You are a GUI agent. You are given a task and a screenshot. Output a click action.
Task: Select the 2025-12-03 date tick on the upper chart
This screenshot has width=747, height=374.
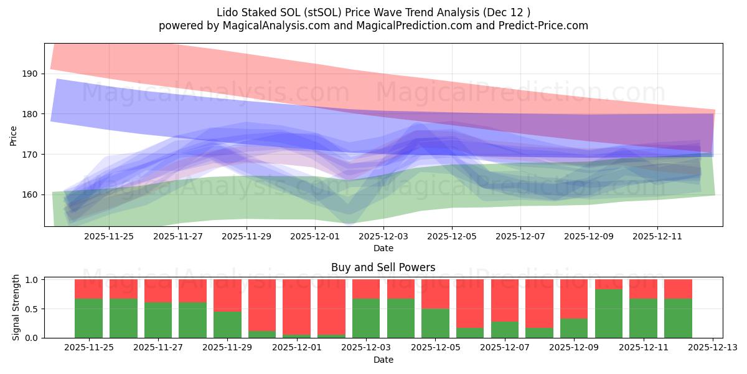pos(383,236)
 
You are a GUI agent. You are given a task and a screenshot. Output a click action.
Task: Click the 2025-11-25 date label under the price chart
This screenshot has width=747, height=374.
pos(109,236)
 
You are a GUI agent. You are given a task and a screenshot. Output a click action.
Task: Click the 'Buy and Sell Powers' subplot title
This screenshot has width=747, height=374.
pos(383,267)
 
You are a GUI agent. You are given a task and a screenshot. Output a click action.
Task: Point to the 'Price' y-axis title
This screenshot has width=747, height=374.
pos(14,135)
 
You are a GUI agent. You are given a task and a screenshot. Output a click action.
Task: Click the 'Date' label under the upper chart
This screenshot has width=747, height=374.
pos(383,248)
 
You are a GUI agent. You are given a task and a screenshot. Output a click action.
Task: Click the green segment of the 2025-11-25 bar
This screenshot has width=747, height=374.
pos(88,318)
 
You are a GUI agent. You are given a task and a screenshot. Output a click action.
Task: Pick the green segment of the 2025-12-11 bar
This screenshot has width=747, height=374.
pos(643,318)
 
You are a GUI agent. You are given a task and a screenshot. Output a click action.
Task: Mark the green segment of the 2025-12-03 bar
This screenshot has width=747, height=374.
pos(366,318)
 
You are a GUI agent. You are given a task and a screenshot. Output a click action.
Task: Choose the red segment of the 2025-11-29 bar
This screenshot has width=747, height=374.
pos(227,295)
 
